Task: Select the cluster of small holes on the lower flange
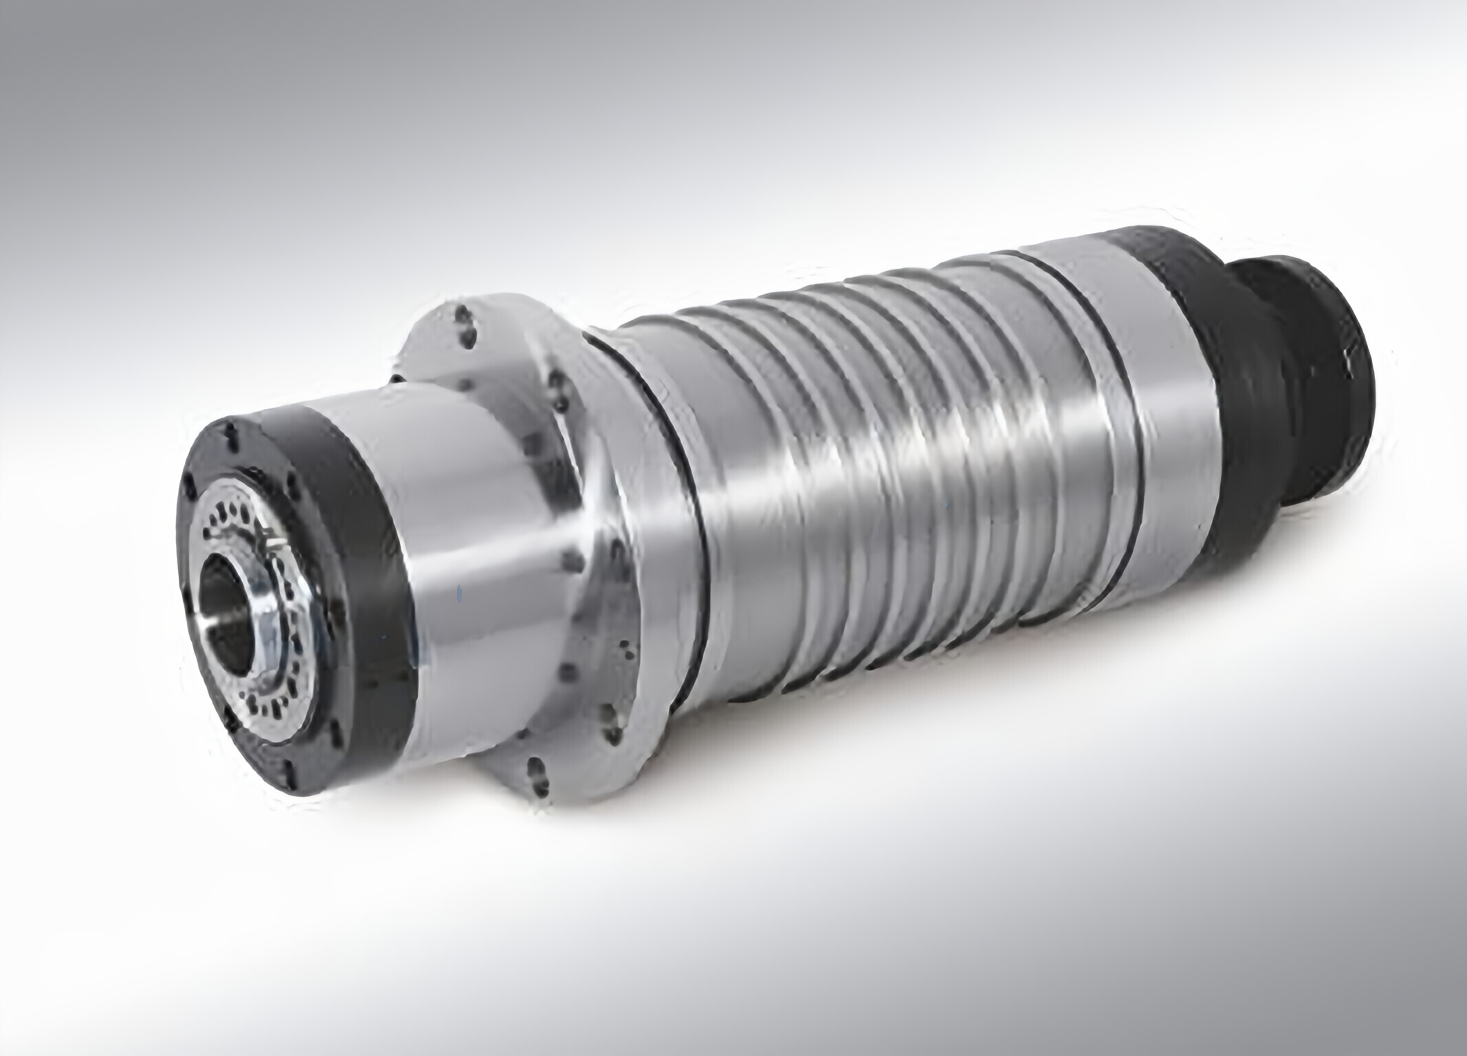626,653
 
